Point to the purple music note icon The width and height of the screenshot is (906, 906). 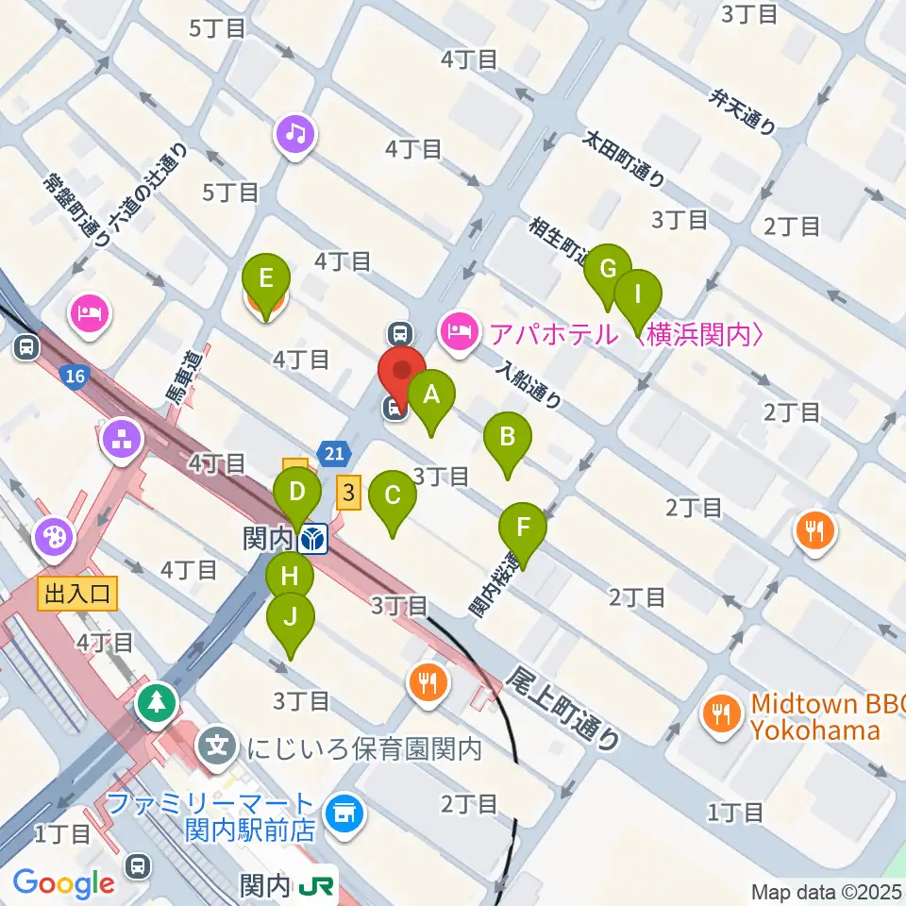coord(295,134)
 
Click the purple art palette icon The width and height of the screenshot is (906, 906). coord(55,538)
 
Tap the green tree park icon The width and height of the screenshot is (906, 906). coord(156,702)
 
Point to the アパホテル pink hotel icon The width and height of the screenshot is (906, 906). coord(458,331)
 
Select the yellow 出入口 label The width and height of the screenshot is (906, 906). coord(77,593)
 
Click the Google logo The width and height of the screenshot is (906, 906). coord(64,883)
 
